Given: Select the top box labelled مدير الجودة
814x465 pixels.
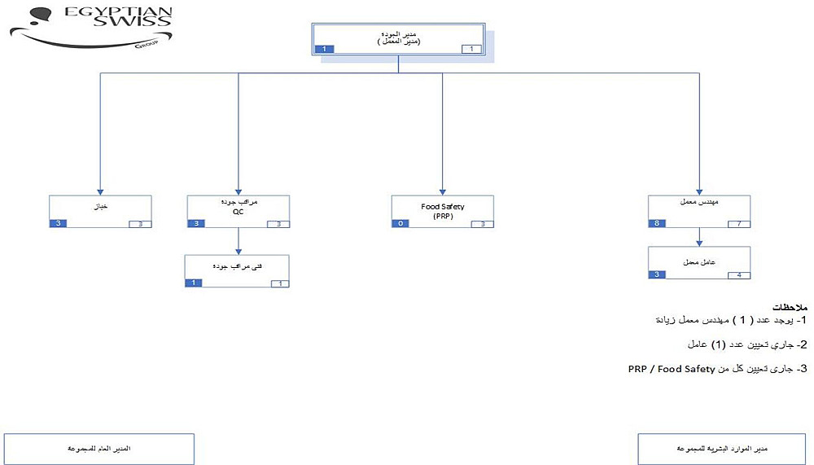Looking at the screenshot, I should point(399,37).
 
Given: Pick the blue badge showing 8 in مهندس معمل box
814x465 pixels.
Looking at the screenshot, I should point(657,223).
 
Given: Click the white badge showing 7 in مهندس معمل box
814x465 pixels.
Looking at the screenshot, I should point(738,223).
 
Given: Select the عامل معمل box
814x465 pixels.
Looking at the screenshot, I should point(698,263).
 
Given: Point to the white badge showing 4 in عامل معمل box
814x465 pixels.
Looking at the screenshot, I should point(738,275).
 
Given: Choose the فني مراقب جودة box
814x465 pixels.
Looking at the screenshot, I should point(237,270).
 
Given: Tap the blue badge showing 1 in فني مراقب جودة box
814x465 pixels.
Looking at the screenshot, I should point(194,283).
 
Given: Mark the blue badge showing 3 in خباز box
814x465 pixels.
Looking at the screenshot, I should point(58,223).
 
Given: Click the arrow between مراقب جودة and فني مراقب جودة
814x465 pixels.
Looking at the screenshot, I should point(239,241).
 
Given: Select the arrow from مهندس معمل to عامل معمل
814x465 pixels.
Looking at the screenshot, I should point(699,236).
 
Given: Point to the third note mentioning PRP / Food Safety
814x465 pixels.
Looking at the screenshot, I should point(716,369).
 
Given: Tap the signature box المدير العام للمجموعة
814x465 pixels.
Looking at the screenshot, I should point(99,449).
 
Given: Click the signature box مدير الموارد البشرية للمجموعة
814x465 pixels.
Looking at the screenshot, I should point(723,449).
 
